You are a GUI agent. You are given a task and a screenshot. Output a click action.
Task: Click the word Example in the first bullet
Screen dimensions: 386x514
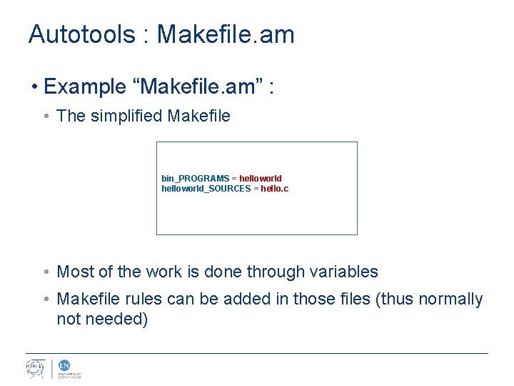point(86,87)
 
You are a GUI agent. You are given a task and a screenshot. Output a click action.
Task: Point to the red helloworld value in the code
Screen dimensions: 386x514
point(261,178)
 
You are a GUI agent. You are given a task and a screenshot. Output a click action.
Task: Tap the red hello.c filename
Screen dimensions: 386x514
point(275,189)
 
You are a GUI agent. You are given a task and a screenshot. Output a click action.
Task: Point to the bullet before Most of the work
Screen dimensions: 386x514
point(46,272)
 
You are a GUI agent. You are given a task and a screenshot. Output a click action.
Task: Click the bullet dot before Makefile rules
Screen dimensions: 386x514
point(46,300)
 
